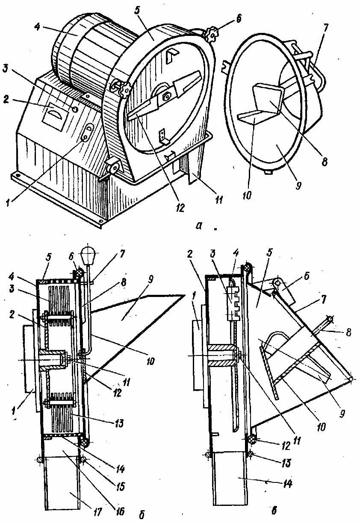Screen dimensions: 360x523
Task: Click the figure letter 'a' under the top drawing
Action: click(198, 226)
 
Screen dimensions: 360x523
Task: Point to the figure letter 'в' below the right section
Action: click(274, 510)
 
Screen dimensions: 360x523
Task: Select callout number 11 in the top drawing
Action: click(219, 200)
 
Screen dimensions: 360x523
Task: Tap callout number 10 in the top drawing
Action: click(247, 195)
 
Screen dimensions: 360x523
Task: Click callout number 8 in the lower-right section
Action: click(348, 332)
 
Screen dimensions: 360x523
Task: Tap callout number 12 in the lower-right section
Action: click(286, 446)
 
